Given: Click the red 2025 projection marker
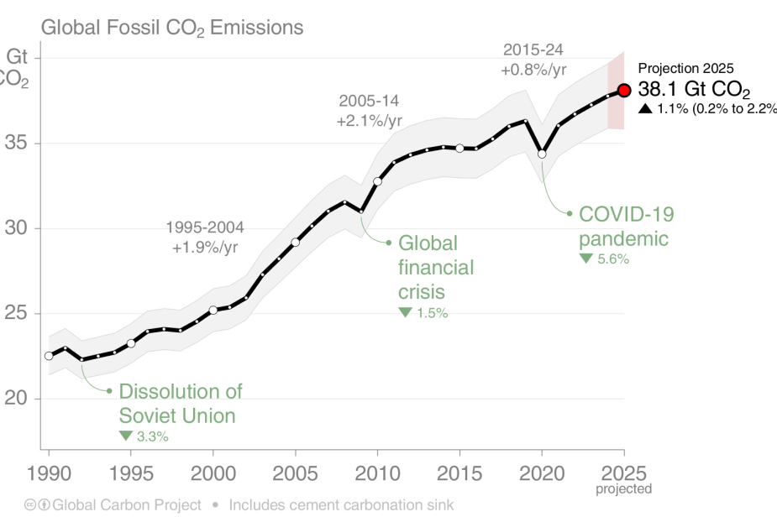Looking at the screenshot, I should tap(624, 91).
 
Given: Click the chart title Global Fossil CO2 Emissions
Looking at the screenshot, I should tap(172, 28).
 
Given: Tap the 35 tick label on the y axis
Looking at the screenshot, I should tap(17, 144).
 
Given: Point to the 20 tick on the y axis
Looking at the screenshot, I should tap(17, 399).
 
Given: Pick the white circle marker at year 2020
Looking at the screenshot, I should tap(542, 154).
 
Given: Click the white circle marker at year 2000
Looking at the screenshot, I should tap(213, 310).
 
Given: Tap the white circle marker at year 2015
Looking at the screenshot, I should tap(459, 148).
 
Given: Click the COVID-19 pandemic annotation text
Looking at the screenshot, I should tap(626, 227).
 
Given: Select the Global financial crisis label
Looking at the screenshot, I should tap(435, 268).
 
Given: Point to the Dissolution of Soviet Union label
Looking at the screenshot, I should tap(180, 403).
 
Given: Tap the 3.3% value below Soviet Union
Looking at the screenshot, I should tap(152, 436).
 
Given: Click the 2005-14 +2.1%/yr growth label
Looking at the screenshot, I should tap(370, 111).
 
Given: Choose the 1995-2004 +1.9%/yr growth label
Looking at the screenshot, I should tap(205, 237).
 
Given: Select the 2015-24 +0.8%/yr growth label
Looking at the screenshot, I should tap(533, 60).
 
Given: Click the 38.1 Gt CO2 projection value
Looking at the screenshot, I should tap(694, 90).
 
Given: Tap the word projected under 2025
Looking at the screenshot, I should tap(623, 488).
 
